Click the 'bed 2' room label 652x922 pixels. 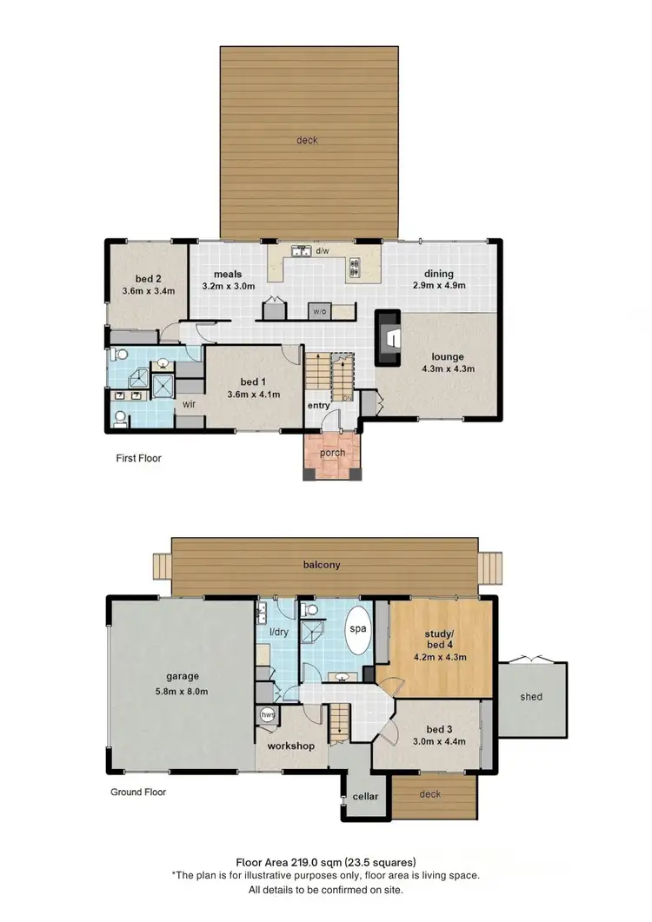click(x=145, y=277)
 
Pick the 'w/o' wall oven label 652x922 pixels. click(x=320, y=310)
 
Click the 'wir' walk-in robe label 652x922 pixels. click(x=187, y=403)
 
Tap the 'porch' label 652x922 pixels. click(x=332, y=452)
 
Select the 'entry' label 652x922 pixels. click(x=316, y=405)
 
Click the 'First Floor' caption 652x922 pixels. click(x=139, y=458)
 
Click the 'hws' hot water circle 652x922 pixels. click(x=268, y=714)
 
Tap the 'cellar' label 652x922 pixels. click(x=365, y=796)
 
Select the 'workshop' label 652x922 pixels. click(x=290, y=746)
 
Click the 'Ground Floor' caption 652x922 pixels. click(x=138, y=792)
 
